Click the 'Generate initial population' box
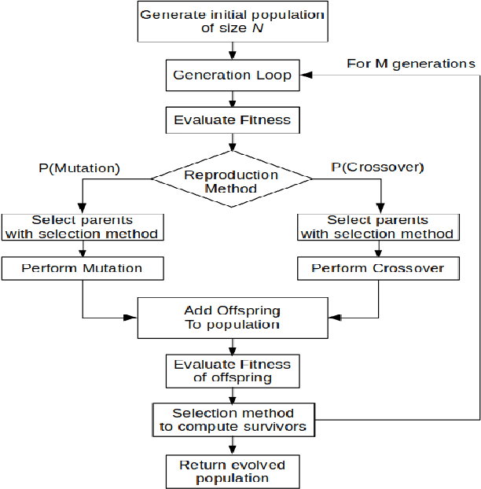click(231, 22)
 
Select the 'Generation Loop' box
click(231, 76)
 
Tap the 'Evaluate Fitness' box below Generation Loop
click(231, 120)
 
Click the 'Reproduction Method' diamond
click(231, 182)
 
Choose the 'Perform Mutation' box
click(83, 269)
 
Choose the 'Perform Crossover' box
click(378, 269)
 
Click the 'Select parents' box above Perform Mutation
click(83, 226)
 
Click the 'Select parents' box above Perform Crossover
click(378, 226)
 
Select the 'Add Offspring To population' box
click(231, 317)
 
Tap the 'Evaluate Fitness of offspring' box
click(231, 370)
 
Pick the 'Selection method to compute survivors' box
click(231, 420)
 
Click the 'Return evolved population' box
click(231, 471)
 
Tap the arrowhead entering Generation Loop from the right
click(303, 76)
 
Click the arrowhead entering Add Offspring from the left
click(133, 318)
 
